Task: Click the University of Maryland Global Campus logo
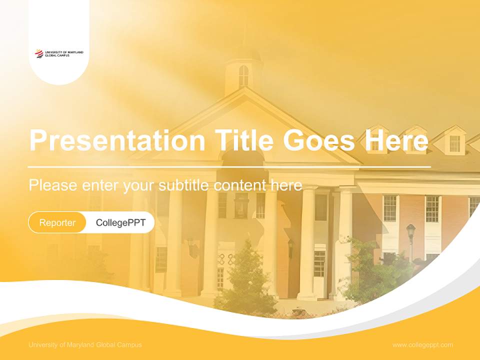click(x=59, y=53)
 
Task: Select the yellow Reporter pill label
click(x=57, y=222)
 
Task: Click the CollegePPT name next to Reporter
click(x=120, y=222)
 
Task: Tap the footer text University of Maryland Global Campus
click(x=85, y=345)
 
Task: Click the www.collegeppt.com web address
click(x=422, y=345)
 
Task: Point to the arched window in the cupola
click(x=243, y=76)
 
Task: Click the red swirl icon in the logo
click(x=39, y=53)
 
